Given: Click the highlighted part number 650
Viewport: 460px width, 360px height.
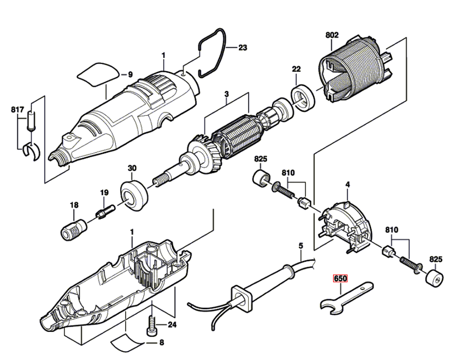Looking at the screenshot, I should [340, 279].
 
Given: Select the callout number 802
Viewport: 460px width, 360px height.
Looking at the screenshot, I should [332, 35].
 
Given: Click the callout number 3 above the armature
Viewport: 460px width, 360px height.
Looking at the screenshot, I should [226, 94].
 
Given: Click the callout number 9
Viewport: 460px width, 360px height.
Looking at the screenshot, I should [130, 74].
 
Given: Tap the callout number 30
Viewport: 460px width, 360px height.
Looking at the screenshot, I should [132, 169].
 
